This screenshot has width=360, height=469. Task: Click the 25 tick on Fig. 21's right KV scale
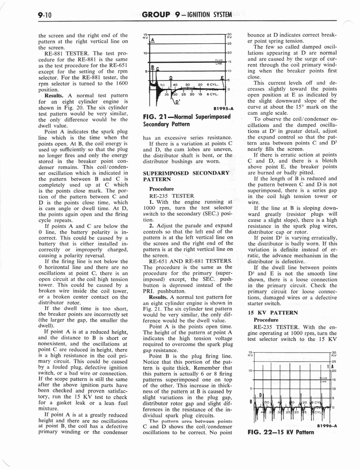tap(229, 43)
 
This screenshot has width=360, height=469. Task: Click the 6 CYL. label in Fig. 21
tap(213, 85)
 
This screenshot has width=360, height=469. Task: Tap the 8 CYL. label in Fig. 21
tap(213, 94)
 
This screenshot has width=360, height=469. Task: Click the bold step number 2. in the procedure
tap(152, 225)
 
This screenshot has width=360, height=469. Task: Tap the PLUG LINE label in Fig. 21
tap(218, 62)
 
